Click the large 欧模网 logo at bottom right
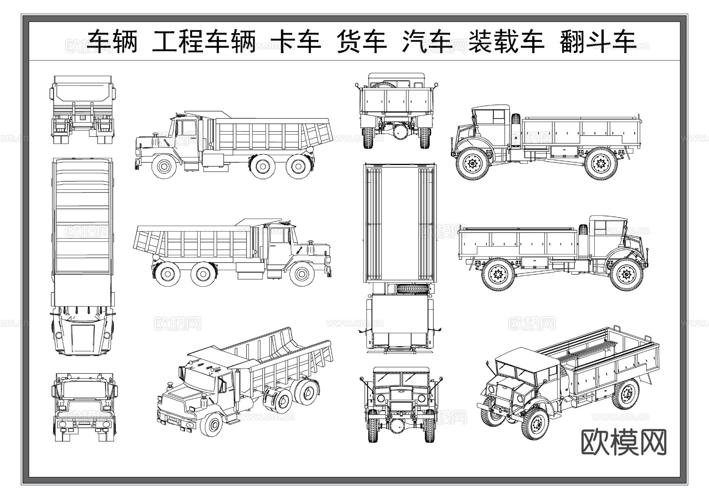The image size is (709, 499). tap(624, 442)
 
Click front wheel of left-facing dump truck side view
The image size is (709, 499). tap(163, 166)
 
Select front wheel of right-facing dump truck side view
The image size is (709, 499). tap(302, 273)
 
